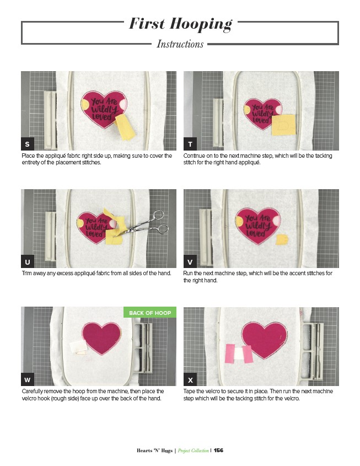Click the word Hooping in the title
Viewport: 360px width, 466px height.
pyautogui.click(x=201, y=24)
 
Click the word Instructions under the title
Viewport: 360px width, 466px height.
pyautogui.click(x=180, y=44)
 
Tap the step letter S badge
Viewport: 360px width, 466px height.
pyautogui.click(x=28, y=144)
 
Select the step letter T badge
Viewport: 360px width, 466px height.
pyautogui.click(x=190, y=144)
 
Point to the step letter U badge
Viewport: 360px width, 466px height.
pyautogui.click(x=28, y=261)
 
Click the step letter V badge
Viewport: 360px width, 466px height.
pyautogui.click(x=190, y=261)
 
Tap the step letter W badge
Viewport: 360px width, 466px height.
pyautogui.click(x=28, y=379)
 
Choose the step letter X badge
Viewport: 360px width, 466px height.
pyautogui.click(x=190, y=379)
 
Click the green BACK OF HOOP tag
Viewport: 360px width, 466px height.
pyautogui.click(x=150, y=312)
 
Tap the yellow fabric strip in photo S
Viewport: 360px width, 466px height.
pyautogui.click(x=125, y=127)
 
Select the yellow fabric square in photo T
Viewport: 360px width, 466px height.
pyautogui.click(x=284, y=125)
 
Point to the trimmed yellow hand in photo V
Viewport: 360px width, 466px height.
pyautogui.click(x=282, y=239)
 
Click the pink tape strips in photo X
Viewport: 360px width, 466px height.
pyautogui.click(x=239, y=353)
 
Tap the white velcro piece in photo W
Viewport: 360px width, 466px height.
pyautogui.click(x=78, y=347)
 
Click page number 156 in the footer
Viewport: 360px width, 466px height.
pyautogui.click(x=218, y=450)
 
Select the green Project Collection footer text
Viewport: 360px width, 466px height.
pyautogui.click(x=194, y=451)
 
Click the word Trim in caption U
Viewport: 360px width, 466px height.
pyautogui.click(x=26, y=273)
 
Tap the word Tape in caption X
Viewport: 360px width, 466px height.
pyautogui.click(x=189, y=392)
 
